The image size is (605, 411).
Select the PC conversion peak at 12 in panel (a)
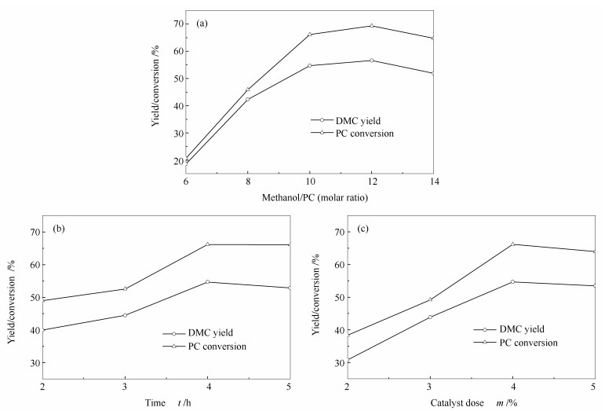click(x=371, y=26)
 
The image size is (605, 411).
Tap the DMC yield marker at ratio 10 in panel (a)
click(x=310, y=65)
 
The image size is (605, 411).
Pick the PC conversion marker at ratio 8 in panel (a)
click(x=248, y=90)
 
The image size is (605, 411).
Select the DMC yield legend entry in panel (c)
click(x=521, y=329)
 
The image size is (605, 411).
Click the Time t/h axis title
click(x=162, y=402)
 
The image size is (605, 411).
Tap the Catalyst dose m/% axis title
click(x=470, y=402)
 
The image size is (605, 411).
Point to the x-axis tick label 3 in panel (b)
click(x=124, y=387)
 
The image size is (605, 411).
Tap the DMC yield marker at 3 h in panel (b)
click(x=125, y=315)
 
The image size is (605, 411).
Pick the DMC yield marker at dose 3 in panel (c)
click(x=429, y=317)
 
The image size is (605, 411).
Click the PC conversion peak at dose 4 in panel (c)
click(x=512, y=244)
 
